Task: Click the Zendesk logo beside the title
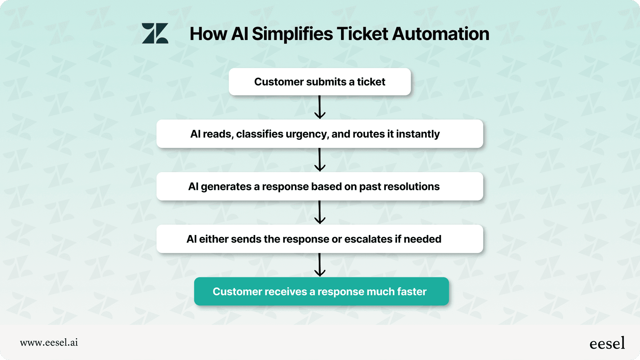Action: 155,34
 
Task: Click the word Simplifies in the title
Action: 292,34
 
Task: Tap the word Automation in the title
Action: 440,34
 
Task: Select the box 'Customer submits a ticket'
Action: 320,82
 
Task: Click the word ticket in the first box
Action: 371,82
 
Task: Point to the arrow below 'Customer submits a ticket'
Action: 320,107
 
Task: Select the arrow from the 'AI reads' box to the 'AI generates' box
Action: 320,160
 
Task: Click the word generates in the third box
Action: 226,187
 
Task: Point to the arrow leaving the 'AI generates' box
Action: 320,212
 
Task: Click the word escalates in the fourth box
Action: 368,239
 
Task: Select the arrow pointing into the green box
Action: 320,265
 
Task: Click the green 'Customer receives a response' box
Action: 322,291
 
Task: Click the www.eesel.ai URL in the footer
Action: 49,342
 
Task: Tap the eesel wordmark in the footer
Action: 607,343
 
